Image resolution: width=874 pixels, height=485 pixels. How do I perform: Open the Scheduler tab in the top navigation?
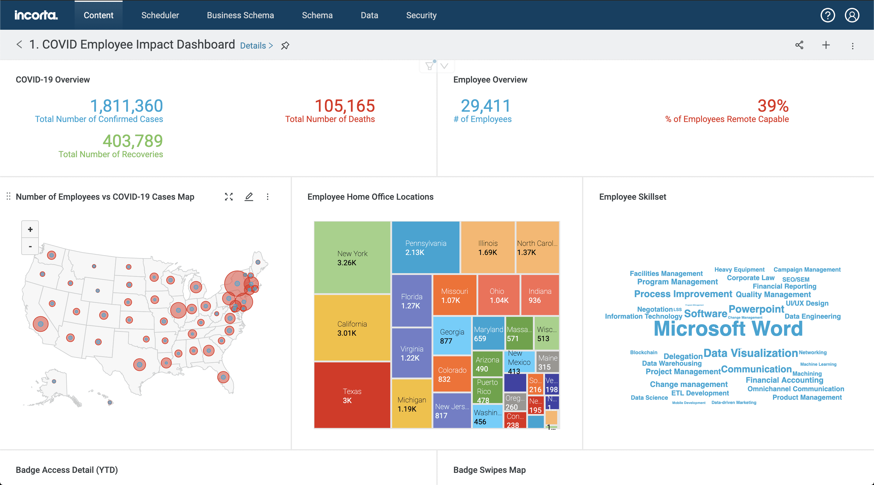click(160, 15)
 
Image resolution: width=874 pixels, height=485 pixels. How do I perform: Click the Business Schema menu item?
click(240, 15)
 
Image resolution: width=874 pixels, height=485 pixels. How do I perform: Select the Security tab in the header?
click(421, 15)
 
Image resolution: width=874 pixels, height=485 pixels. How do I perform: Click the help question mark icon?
click(827, 15)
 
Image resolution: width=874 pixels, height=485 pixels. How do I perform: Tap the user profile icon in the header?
click(852, 15)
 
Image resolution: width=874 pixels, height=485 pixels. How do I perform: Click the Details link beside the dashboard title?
click(256, 46)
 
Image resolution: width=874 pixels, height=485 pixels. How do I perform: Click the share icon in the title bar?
click(799, 45)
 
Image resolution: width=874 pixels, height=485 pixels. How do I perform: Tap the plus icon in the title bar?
click(826, 45)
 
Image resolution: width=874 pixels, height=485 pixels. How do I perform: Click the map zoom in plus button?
click(30, 229)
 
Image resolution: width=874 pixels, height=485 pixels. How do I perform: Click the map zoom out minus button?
click(30, 246)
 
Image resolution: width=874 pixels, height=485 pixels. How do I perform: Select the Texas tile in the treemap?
click(352, 395)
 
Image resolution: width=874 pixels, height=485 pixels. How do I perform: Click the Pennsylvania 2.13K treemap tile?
click(425, 247)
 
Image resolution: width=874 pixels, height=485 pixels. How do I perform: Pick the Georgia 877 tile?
click(452, 336)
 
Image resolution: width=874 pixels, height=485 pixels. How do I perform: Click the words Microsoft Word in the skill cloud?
click(728, 328)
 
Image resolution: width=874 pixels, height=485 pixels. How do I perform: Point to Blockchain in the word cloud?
click(643, 352)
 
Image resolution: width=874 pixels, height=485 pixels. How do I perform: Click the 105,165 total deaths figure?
click(345, 106)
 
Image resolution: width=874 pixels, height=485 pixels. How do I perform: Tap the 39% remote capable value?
click(773, 106)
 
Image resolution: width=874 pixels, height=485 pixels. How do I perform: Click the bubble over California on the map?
click(41, 324)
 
